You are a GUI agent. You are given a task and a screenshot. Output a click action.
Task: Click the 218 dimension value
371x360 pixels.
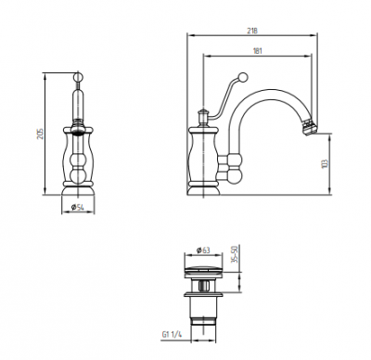(x=252, y=31)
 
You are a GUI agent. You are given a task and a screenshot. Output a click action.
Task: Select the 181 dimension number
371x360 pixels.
(x=257, y=51)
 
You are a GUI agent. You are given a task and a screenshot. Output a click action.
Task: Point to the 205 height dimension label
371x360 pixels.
(x=41, y=134)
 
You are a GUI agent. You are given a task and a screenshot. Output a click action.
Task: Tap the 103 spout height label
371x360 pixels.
(x=324, y=163)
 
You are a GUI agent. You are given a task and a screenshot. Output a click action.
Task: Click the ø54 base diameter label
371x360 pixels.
(x=78, y=208)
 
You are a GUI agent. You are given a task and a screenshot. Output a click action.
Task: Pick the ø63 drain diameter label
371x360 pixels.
(x=203, y=250)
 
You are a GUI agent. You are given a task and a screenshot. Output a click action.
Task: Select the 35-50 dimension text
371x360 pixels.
(x=234, y=254)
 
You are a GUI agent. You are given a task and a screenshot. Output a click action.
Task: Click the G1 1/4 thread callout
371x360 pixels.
(x=172, y=334)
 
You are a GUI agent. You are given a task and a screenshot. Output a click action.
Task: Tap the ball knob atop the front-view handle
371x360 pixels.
(x=78, y=76)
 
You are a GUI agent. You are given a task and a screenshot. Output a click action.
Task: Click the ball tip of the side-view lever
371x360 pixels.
(x=243, y=77)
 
